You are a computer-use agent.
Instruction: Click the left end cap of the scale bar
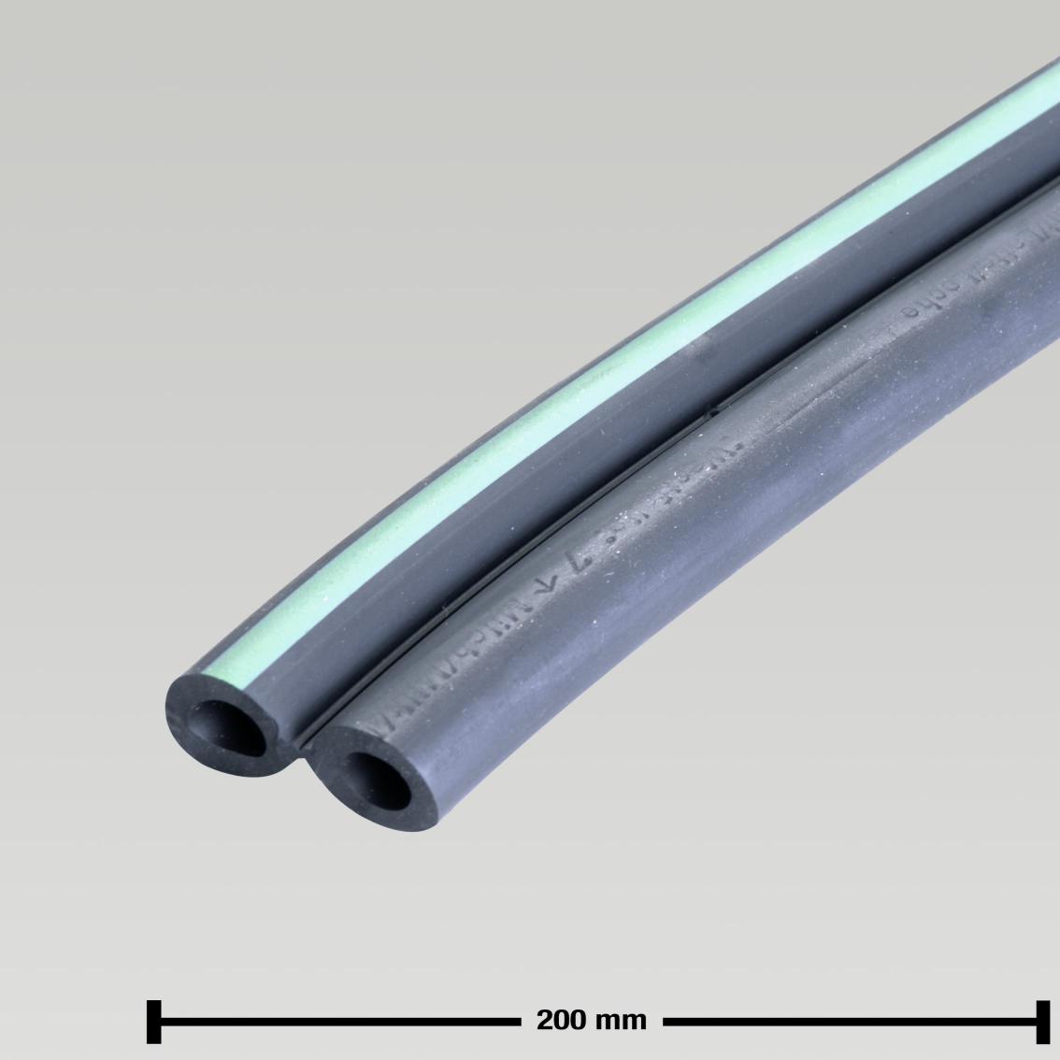tap(154, 1021)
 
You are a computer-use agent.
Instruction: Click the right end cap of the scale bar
tap(1041, 1021)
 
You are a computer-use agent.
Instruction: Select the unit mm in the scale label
tap(618, 1020)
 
